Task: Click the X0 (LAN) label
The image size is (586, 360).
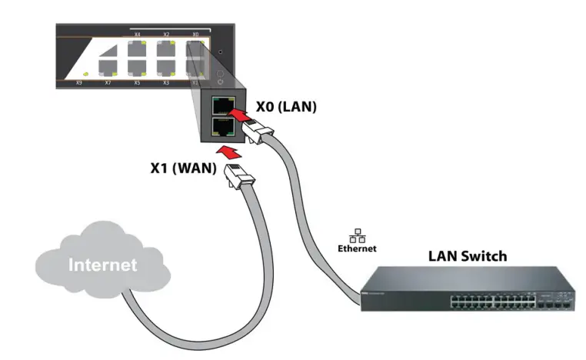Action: coord(285,108)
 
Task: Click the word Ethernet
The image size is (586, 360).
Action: coord(358,248)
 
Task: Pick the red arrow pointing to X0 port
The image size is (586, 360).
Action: coord(241,115)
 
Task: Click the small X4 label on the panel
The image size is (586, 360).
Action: coord(138,35)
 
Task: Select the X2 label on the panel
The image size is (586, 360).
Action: coord(166,35)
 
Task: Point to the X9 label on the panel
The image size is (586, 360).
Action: coord(78,82)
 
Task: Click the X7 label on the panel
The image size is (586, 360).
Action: coord(108,82)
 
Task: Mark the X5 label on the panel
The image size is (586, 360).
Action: coord(137,82)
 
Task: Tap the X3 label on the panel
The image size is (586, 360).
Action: coord(166,82)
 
